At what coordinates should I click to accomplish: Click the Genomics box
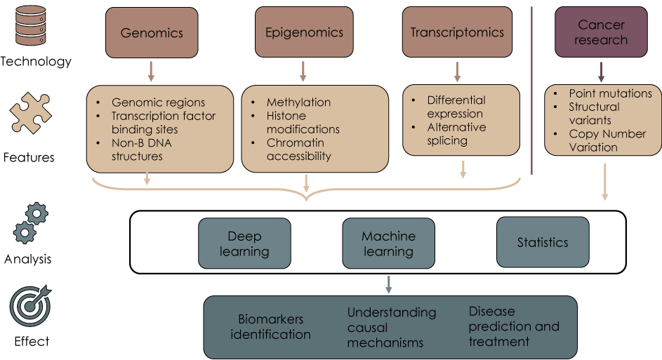tap(151, 32)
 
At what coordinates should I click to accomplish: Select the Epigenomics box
tap(304, 32)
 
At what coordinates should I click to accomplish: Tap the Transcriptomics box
tap(457, 32)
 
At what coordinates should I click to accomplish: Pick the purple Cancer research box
tap(601, 32)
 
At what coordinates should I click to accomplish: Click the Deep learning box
tap(244, 244)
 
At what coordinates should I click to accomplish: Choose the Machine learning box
tap(388, 244)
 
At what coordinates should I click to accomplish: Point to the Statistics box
tap(543, 243)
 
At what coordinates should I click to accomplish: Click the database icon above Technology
tap(31, 26)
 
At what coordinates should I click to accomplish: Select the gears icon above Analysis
tap(31, 223)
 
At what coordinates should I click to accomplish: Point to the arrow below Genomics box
tap(151, 71)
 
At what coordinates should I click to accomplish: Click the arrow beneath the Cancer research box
tap(601, 71)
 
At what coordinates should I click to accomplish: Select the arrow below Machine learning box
tap(388, 284)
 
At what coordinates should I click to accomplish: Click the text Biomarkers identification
tap(270, 327)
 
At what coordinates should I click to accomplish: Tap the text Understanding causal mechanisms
tap(391, 327)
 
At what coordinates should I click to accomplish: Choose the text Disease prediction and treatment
tap(514, 326)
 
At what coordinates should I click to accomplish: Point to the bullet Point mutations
tap(610, 93)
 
